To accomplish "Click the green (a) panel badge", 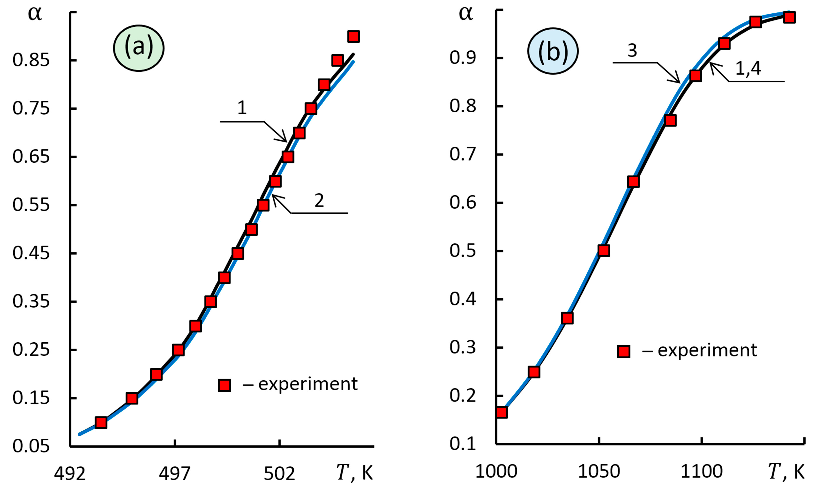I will (139, 48).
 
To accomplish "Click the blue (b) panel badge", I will (553, 51).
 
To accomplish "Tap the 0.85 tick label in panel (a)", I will (31, 60).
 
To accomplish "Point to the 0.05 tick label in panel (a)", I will (31, 446).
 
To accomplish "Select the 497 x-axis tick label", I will (175, 473).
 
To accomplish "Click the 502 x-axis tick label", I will (279, 473).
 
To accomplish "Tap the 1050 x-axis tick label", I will (598, 471).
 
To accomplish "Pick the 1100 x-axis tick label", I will (702, 471).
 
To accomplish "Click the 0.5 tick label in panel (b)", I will (462, 251).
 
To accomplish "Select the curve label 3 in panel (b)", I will (632, 50).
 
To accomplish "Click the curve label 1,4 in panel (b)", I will (748, 69).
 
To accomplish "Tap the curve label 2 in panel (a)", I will (319, 200).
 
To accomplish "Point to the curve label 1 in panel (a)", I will (242, 108).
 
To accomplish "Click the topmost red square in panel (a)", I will (354, 36).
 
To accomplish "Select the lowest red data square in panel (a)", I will (101, 422).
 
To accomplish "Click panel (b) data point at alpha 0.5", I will (604, 251).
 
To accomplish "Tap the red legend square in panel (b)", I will (624, 351).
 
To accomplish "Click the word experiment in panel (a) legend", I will (308, 384).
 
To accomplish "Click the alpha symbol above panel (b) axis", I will (466, 14).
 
